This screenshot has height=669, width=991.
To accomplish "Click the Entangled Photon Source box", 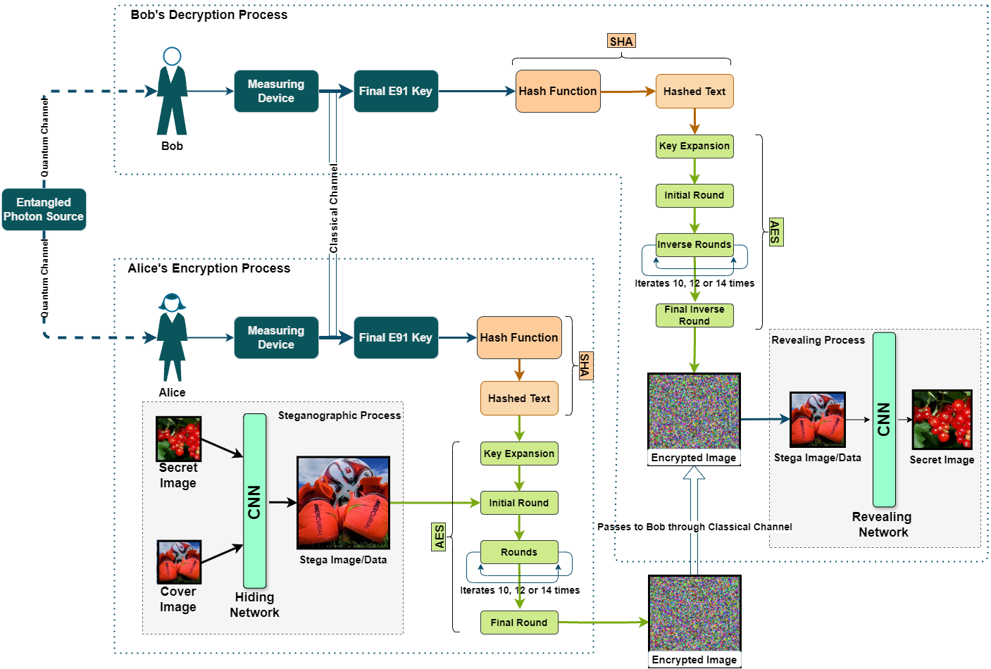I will click(44, 209).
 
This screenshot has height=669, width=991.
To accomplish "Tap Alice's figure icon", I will click(172, 337).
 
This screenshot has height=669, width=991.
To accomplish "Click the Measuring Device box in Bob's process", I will click(276, 91).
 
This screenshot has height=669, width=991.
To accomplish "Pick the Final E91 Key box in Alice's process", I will click(396, 337).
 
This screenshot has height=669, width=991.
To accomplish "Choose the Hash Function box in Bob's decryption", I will click(558, 91).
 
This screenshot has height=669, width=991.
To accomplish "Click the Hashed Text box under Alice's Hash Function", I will click(519, 399).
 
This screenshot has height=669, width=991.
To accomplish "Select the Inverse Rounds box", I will click(694, 244).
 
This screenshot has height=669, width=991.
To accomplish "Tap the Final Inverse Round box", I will click(694, 315).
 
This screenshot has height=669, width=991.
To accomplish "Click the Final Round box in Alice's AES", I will click(519, 623).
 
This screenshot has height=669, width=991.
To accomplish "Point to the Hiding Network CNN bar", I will click(254, 501).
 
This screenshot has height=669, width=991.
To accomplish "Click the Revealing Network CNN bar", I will click(884, 419).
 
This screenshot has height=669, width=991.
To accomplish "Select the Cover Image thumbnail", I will click(179, 562).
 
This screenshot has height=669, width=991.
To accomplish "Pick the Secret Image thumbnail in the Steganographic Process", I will click(179, 439).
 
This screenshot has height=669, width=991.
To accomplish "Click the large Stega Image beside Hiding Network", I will click(343, 503).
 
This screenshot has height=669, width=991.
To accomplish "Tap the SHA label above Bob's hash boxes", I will click(621, 42).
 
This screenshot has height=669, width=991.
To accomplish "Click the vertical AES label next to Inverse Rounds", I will click(775, 232).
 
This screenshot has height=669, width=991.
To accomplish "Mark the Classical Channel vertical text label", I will click(334, 209).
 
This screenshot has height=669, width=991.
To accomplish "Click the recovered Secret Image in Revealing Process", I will click(942, 420).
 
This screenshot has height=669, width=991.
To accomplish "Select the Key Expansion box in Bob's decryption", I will click(694, 146).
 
